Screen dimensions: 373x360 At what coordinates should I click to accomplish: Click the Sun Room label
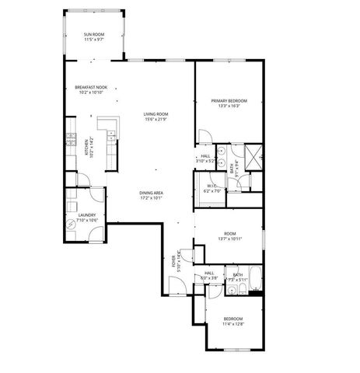(94, 34)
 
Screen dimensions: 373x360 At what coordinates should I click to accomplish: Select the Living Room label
(156, 114)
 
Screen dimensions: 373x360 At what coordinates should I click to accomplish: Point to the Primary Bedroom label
(229, 100)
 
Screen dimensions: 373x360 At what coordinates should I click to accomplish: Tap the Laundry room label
(86, 214)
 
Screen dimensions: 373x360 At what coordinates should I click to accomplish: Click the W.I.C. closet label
(212, 185)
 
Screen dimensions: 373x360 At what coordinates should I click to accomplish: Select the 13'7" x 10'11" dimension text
(229, 238)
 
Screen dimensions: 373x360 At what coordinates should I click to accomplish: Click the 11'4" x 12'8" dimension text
(233, 323)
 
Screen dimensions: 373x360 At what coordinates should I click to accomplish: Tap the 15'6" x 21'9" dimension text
(156, 119)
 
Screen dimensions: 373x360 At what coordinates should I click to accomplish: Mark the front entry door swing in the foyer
(177, 288)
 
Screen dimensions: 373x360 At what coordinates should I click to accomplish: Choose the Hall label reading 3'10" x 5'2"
(206, 160)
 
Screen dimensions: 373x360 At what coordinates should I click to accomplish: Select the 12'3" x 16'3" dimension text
(229, 106)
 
